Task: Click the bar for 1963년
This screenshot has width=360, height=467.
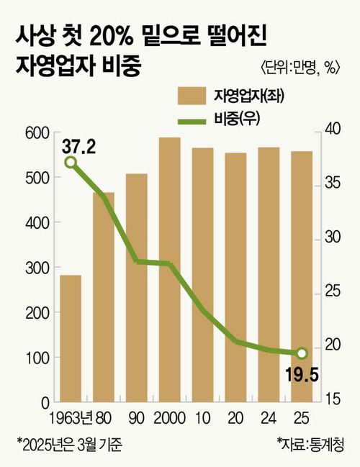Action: click(x=70, y=338)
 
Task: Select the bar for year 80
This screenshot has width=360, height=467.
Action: click(x=103, y=296)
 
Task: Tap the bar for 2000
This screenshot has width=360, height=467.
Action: click(x=169, y=269)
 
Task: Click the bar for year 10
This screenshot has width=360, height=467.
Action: click(x=202, y=274)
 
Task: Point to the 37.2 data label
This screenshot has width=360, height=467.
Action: click(x=79, y=148)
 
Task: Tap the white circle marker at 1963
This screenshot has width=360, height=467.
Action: click(x=71, y=162)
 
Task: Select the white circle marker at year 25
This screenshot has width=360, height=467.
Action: click(x=302, y=353)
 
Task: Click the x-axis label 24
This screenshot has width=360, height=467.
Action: click(x=269, y=417)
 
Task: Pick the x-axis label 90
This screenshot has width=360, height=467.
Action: click(x=136, y=417)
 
